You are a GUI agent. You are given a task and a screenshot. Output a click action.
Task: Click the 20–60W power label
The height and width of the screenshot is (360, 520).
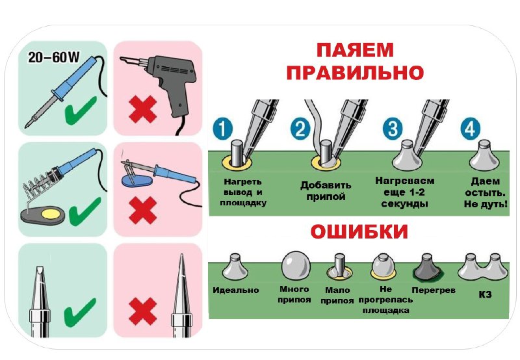tap(54, 57)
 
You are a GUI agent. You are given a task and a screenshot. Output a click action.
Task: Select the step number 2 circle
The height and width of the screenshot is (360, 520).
tap(300, 129)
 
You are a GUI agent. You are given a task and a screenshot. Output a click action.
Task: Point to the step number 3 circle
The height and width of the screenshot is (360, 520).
tap(393, 128)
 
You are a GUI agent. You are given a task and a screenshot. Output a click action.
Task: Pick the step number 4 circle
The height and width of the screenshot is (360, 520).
tap(470, 128)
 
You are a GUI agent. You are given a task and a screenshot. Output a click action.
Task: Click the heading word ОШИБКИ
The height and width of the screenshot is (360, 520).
tap(359, 232)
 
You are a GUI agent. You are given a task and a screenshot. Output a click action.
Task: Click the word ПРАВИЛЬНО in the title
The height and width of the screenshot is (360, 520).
tap(355, 73)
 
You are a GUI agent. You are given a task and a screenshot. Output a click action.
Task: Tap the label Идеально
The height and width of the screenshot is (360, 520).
tap(236, 290)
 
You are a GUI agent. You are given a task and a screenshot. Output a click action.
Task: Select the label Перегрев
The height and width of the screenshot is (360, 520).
tap(434, 290)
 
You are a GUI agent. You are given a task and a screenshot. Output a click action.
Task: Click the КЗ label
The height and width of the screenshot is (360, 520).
tap(485, 294)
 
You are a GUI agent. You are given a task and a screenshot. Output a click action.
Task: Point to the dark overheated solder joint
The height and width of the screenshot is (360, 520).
tap(428, 267)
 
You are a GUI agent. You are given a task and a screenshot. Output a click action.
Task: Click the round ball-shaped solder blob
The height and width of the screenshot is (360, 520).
tap(296, 265)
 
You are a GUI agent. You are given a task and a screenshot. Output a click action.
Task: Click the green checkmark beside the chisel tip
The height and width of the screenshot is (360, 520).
tap(80, 312)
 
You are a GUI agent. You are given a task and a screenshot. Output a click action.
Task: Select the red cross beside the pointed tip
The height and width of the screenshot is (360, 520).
tap(143, 311)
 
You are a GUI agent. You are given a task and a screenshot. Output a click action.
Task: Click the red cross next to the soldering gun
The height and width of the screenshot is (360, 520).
tap(143, 109)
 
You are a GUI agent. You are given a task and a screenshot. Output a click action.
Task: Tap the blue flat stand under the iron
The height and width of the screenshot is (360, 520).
tap(136, 181)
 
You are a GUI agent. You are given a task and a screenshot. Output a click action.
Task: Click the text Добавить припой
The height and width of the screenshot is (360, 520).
tap(326, 191)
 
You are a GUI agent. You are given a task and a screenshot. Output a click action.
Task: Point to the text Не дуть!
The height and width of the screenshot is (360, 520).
tap(486, 204)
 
